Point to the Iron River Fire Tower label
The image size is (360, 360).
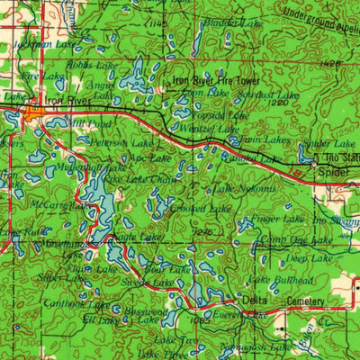point(216,81)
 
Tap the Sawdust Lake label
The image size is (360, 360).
point(274,94)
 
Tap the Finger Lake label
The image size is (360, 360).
point(278,219)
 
